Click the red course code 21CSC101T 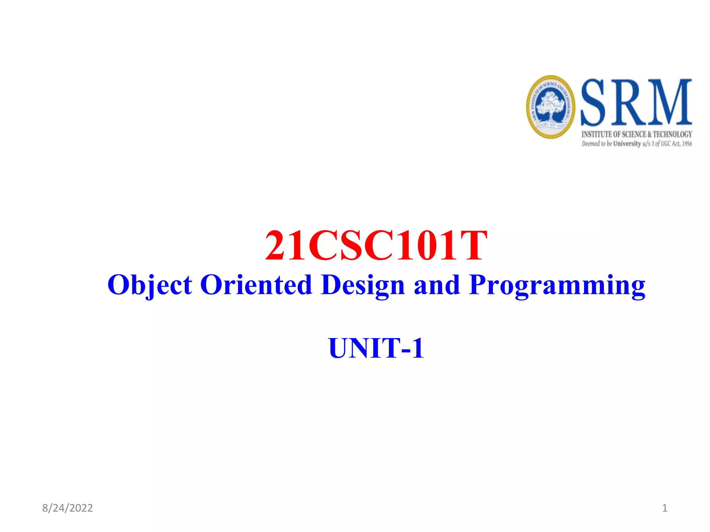pyautogui.click(x=376, y=246)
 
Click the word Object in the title pyautogui.click(x=149, y=285)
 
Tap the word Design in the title pyautogui.click(x=363, y=285)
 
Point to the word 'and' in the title pyautogui.click(x=437, y=285)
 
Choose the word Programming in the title pyautogui.click(x=557, y=285)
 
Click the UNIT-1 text pyautogui.click(x=376, y=348)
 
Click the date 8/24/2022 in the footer pyautogui.click(x=68, y=508)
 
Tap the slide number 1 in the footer pyautogui.click(x=665, y=508)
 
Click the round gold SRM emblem pyautogui.click(x=551, y=107)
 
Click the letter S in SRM pyautogui.click(x=594, y=103)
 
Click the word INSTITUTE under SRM pyautogui.click(x=597, y=134)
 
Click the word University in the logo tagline pyautogui.click(x=627, y=144)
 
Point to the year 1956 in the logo pyautogui.click(x=687, y=144)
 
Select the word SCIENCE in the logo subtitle pyautogui.click(x=634, y=134)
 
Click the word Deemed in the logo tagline pyautogui.click(x=591, y=144)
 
